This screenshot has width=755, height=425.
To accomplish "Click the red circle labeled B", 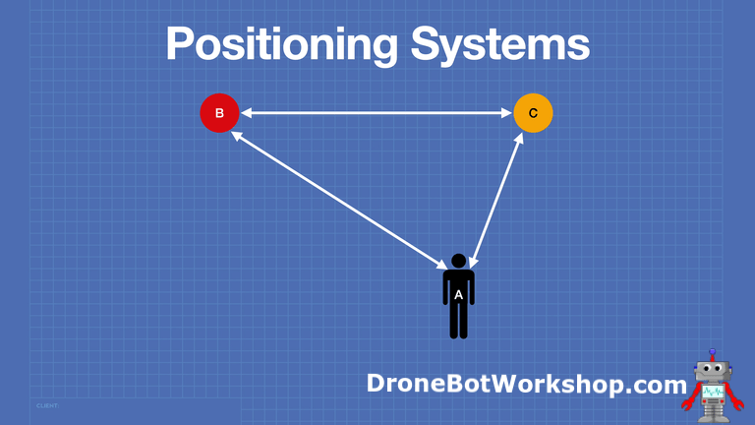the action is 219,113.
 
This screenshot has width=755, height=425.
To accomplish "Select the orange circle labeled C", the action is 533,113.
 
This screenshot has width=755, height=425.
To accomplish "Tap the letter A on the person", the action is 458,295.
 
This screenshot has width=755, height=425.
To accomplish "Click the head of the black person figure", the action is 459,261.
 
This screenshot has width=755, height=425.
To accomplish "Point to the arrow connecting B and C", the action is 377,113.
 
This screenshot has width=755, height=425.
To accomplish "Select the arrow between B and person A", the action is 339,200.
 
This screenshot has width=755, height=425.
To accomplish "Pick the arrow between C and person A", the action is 496,200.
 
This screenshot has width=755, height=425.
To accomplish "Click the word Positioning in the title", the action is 282,44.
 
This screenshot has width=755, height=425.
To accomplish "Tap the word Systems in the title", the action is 500,44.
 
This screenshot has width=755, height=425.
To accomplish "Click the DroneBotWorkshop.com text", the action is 527,384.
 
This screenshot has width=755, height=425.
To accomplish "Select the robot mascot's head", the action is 712,370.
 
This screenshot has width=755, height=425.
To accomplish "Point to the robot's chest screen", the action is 713,392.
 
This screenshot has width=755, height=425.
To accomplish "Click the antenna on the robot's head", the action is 712,354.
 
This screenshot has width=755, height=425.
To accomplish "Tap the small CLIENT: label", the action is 47,405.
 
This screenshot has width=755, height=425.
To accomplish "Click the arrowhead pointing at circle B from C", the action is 246,113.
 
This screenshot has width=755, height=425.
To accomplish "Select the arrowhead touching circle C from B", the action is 506,113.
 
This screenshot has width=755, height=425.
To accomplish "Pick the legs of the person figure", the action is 458,321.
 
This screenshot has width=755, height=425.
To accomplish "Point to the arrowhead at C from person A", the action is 519,139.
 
